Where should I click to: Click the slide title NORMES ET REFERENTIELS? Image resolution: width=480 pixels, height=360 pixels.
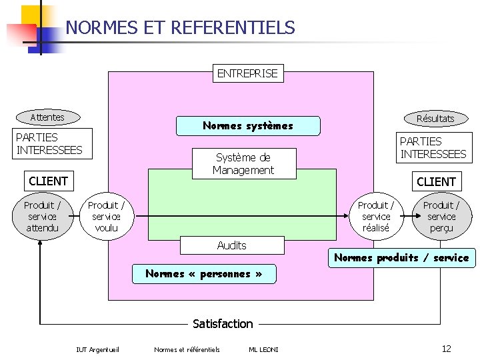point(180,28)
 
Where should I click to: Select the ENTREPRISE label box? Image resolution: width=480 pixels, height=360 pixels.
point(247,73)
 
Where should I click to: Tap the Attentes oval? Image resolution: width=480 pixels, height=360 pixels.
point(47,117)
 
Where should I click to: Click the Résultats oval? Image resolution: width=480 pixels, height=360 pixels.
point(435,119)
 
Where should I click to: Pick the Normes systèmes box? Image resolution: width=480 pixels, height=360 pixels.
point(247,125)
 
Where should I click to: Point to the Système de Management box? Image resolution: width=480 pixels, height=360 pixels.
point(243,164)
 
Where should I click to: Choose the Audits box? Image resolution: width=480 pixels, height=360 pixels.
point(232,245)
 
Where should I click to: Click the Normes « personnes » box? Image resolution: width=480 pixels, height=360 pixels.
point(203,273)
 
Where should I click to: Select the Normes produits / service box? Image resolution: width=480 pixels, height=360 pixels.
point(401,258)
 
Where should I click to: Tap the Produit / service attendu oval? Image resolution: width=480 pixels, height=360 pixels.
point(42,217)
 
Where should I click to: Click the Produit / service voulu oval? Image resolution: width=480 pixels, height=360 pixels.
point(106,217)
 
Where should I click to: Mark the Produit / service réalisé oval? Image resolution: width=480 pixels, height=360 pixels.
point(376,217)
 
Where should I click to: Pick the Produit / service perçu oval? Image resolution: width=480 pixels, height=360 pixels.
point(441,217)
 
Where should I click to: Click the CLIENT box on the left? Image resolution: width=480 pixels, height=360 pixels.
point(48,181)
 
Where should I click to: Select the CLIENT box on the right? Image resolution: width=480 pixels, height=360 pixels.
point(436,181)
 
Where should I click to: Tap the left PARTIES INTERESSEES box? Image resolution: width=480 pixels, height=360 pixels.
point(49,143)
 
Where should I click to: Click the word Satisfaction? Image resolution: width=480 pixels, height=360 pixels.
point(223,324)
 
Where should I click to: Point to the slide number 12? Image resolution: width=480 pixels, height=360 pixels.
point(447,349)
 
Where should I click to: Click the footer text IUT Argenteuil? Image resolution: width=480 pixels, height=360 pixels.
point(98,349)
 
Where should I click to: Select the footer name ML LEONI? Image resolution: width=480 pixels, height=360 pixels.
point(263,349)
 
